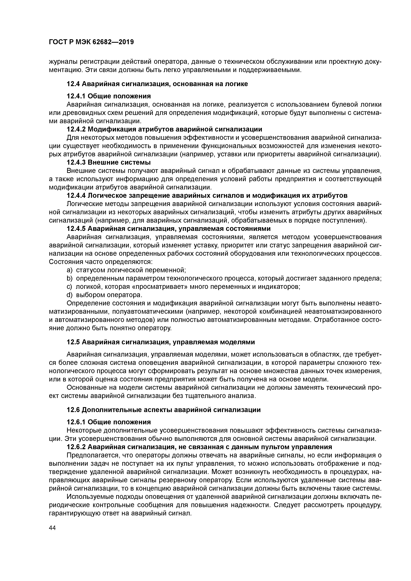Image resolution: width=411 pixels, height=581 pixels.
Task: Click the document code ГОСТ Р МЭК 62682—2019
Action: pos(91,42)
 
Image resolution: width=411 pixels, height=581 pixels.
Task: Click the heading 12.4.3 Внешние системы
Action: pos(109,162)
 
